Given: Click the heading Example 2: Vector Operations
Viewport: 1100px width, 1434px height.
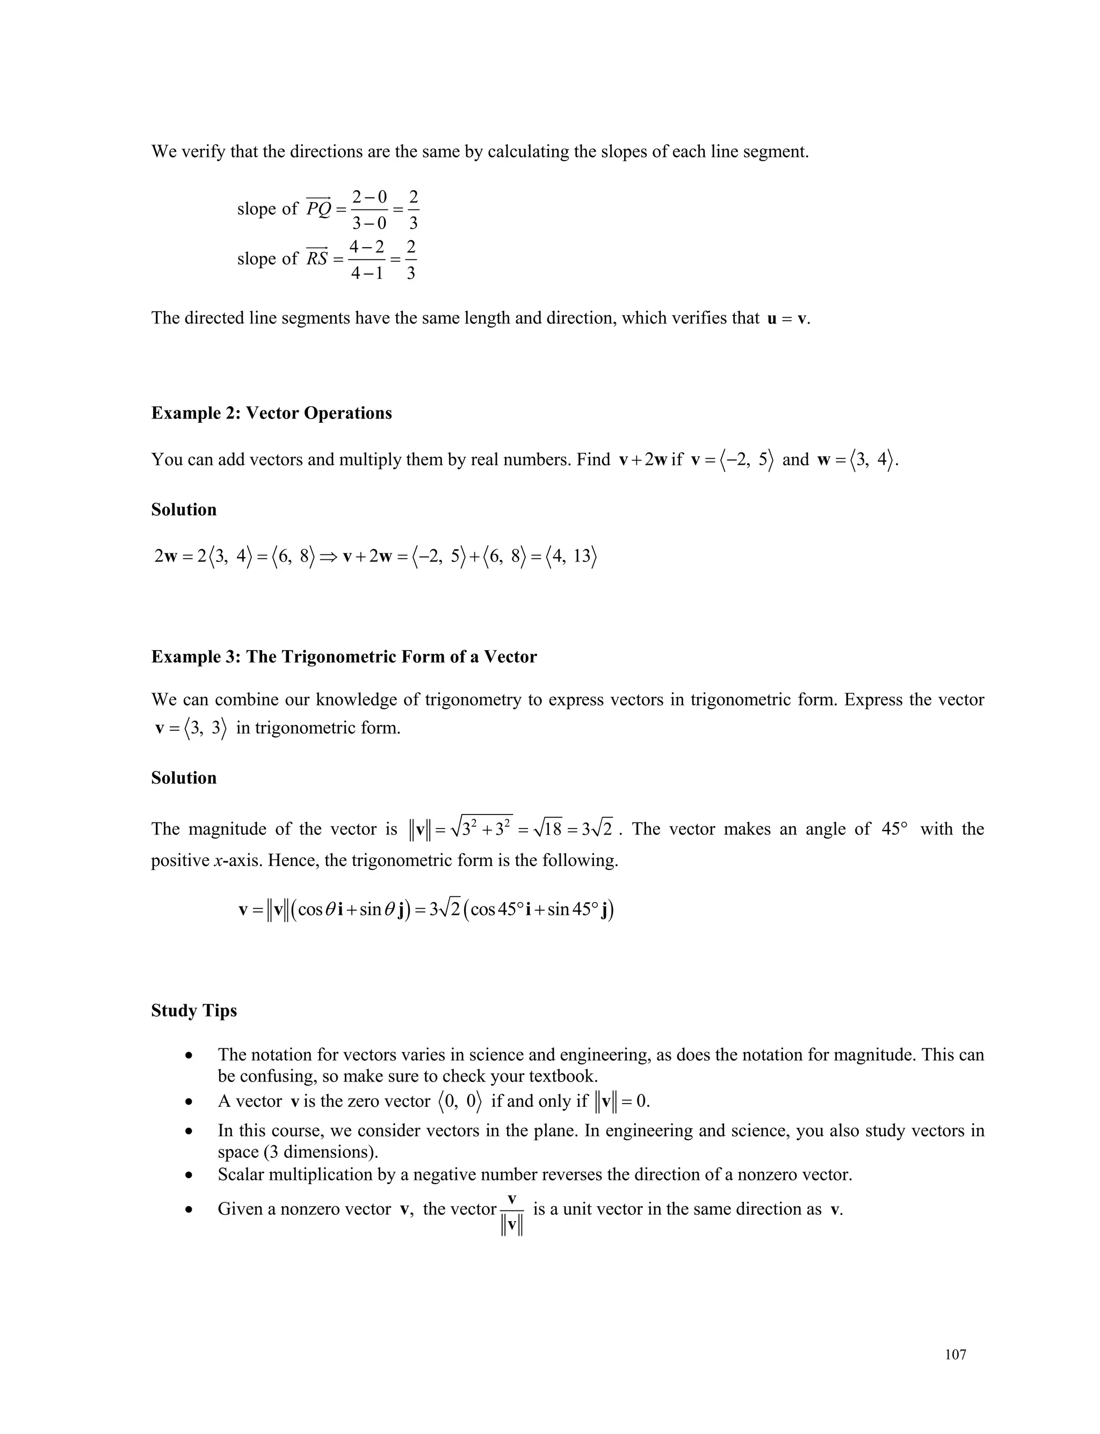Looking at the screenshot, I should click(271, 413).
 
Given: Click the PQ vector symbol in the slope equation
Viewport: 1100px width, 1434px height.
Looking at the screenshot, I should click(319, 208).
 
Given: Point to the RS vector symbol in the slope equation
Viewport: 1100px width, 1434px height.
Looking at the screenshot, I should click(317, 258).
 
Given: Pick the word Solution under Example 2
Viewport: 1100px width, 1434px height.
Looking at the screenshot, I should click(183, 509).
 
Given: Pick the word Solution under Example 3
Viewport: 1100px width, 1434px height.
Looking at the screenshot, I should click(183, 778).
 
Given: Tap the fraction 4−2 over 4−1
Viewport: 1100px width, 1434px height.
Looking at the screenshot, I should click(367, 260).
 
